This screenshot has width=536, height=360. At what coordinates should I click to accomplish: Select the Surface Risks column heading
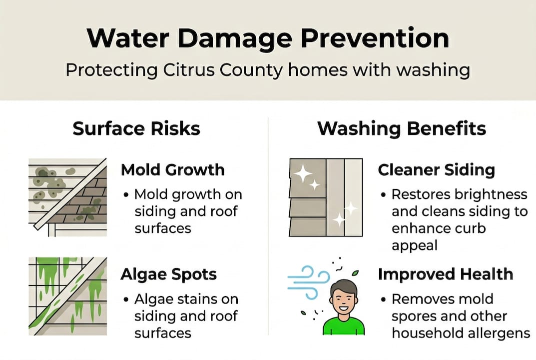click(x=136, y=128)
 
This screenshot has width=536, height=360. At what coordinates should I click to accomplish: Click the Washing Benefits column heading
click(x=402, y=128)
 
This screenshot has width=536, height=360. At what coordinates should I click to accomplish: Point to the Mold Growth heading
click(x=172, y=170)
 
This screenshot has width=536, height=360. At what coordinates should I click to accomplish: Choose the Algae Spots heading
click(x=168, y=274)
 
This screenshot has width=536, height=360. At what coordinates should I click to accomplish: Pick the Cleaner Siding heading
click(x=436, y=170)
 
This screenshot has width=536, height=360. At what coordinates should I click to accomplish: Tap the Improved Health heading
click(x=445, y=274)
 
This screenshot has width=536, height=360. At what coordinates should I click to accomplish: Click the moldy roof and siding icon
click(x=67, y=197)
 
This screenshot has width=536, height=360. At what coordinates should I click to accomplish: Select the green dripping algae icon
click(x=67, y=295)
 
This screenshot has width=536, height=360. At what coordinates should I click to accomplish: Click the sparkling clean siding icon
click(x=326, y=197)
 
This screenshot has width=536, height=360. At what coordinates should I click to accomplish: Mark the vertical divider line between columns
click(x=268, y=225)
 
